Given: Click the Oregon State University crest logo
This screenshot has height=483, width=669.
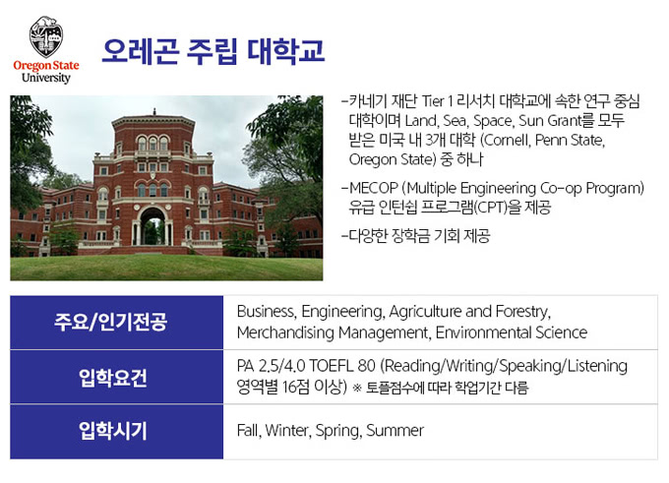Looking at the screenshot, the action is tap(46, 37).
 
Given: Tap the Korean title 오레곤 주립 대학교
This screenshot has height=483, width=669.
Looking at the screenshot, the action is tap(213, 51).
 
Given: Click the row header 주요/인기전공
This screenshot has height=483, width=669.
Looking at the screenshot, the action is tap(111, 322).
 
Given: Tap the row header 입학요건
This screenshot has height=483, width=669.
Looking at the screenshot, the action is tap(113, 377).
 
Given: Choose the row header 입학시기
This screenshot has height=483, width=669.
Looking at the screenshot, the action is tap(113, 431).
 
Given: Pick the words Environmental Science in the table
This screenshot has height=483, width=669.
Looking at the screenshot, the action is tap(512, 332).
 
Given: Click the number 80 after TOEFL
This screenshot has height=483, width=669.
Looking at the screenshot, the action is tap(367, 366).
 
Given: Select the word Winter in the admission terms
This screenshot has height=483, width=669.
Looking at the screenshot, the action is tap(288, 431).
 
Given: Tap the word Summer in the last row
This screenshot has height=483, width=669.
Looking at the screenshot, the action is tap(395, 431).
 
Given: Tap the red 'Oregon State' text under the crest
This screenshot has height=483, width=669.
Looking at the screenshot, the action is tap(46, 66).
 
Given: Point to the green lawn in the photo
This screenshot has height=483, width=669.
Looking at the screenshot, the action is tap(166, 268).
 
